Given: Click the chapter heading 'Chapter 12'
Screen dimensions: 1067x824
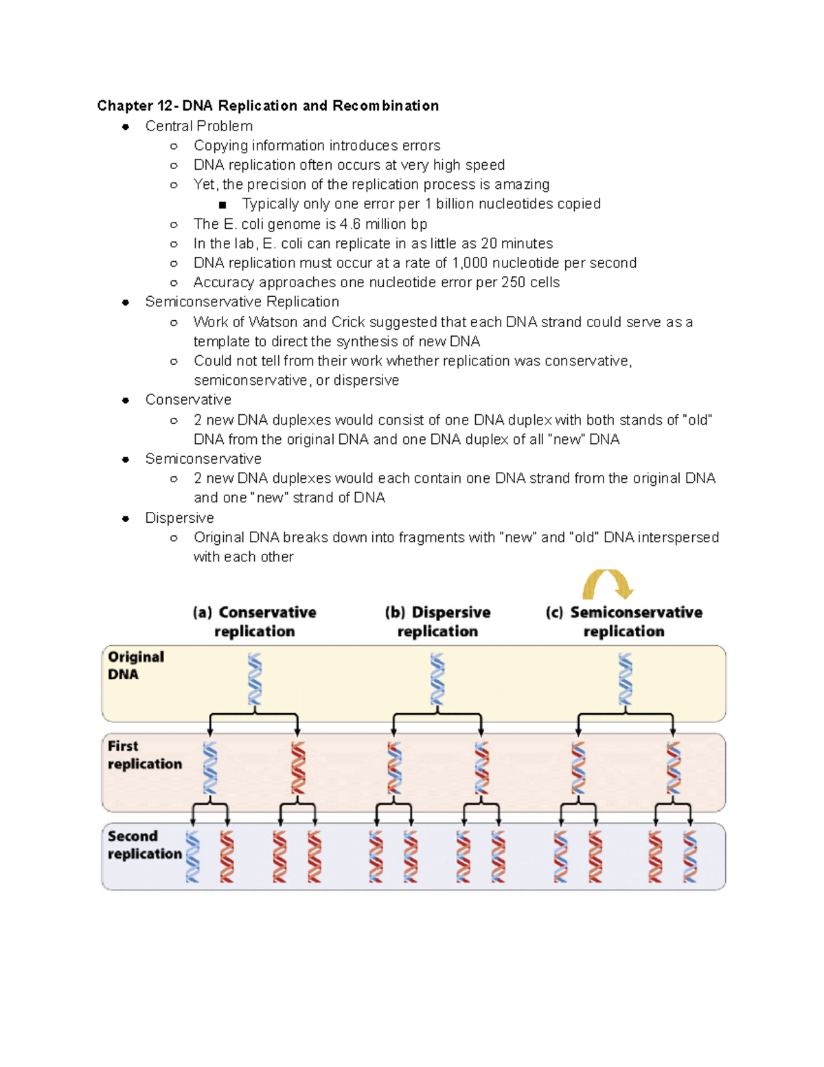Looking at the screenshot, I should pos(135,106).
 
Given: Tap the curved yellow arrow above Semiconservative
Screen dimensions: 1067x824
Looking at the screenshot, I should pos(607,584).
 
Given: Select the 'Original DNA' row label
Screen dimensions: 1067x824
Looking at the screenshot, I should pos(135,665).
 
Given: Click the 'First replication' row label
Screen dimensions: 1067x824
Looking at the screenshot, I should pos(144,754).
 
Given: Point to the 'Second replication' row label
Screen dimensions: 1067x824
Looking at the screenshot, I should pos(144,844).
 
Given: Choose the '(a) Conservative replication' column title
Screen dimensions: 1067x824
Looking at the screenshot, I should pos(254,622).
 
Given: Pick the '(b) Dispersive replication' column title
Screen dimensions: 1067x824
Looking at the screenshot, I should pos(437,622).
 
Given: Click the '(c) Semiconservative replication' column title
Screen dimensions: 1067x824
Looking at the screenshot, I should pos(623,622).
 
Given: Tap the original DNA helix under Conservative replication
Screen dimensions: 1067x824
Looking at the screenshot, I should pos(255,679).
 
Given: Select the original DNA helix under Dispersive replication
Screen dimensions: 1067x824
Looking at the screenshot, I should pos(437,679).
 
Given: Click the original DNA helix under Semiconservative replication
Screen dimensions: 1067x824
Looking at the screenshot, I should pos(625,679).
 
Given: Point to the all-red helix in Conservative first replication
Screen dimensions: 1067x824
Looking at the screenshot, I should pos(298,768).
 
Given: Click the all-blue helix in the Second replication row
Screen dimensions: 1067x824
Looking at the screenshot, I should pos(193,857).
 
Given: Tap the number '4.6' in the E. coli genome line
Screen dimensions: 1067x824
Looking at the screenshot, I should pos(350,224).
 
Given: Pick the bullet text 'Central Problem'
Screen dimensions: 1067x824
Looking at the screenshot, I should pos(198,126).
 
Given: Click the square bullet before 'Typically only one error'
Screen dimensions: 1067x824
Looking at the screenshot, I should pos(222,205).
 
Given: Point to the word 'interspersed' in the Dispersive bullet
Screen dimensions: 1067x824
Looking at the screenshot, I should pos(678,537).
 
